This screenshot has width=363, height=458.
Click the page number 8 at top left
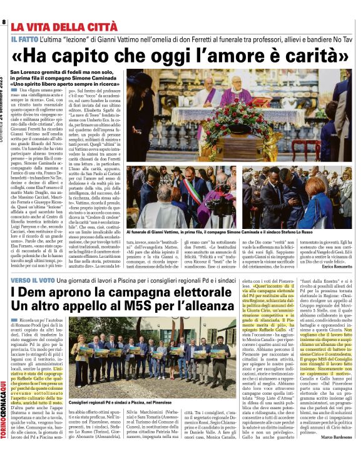(x=4, y=23)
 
